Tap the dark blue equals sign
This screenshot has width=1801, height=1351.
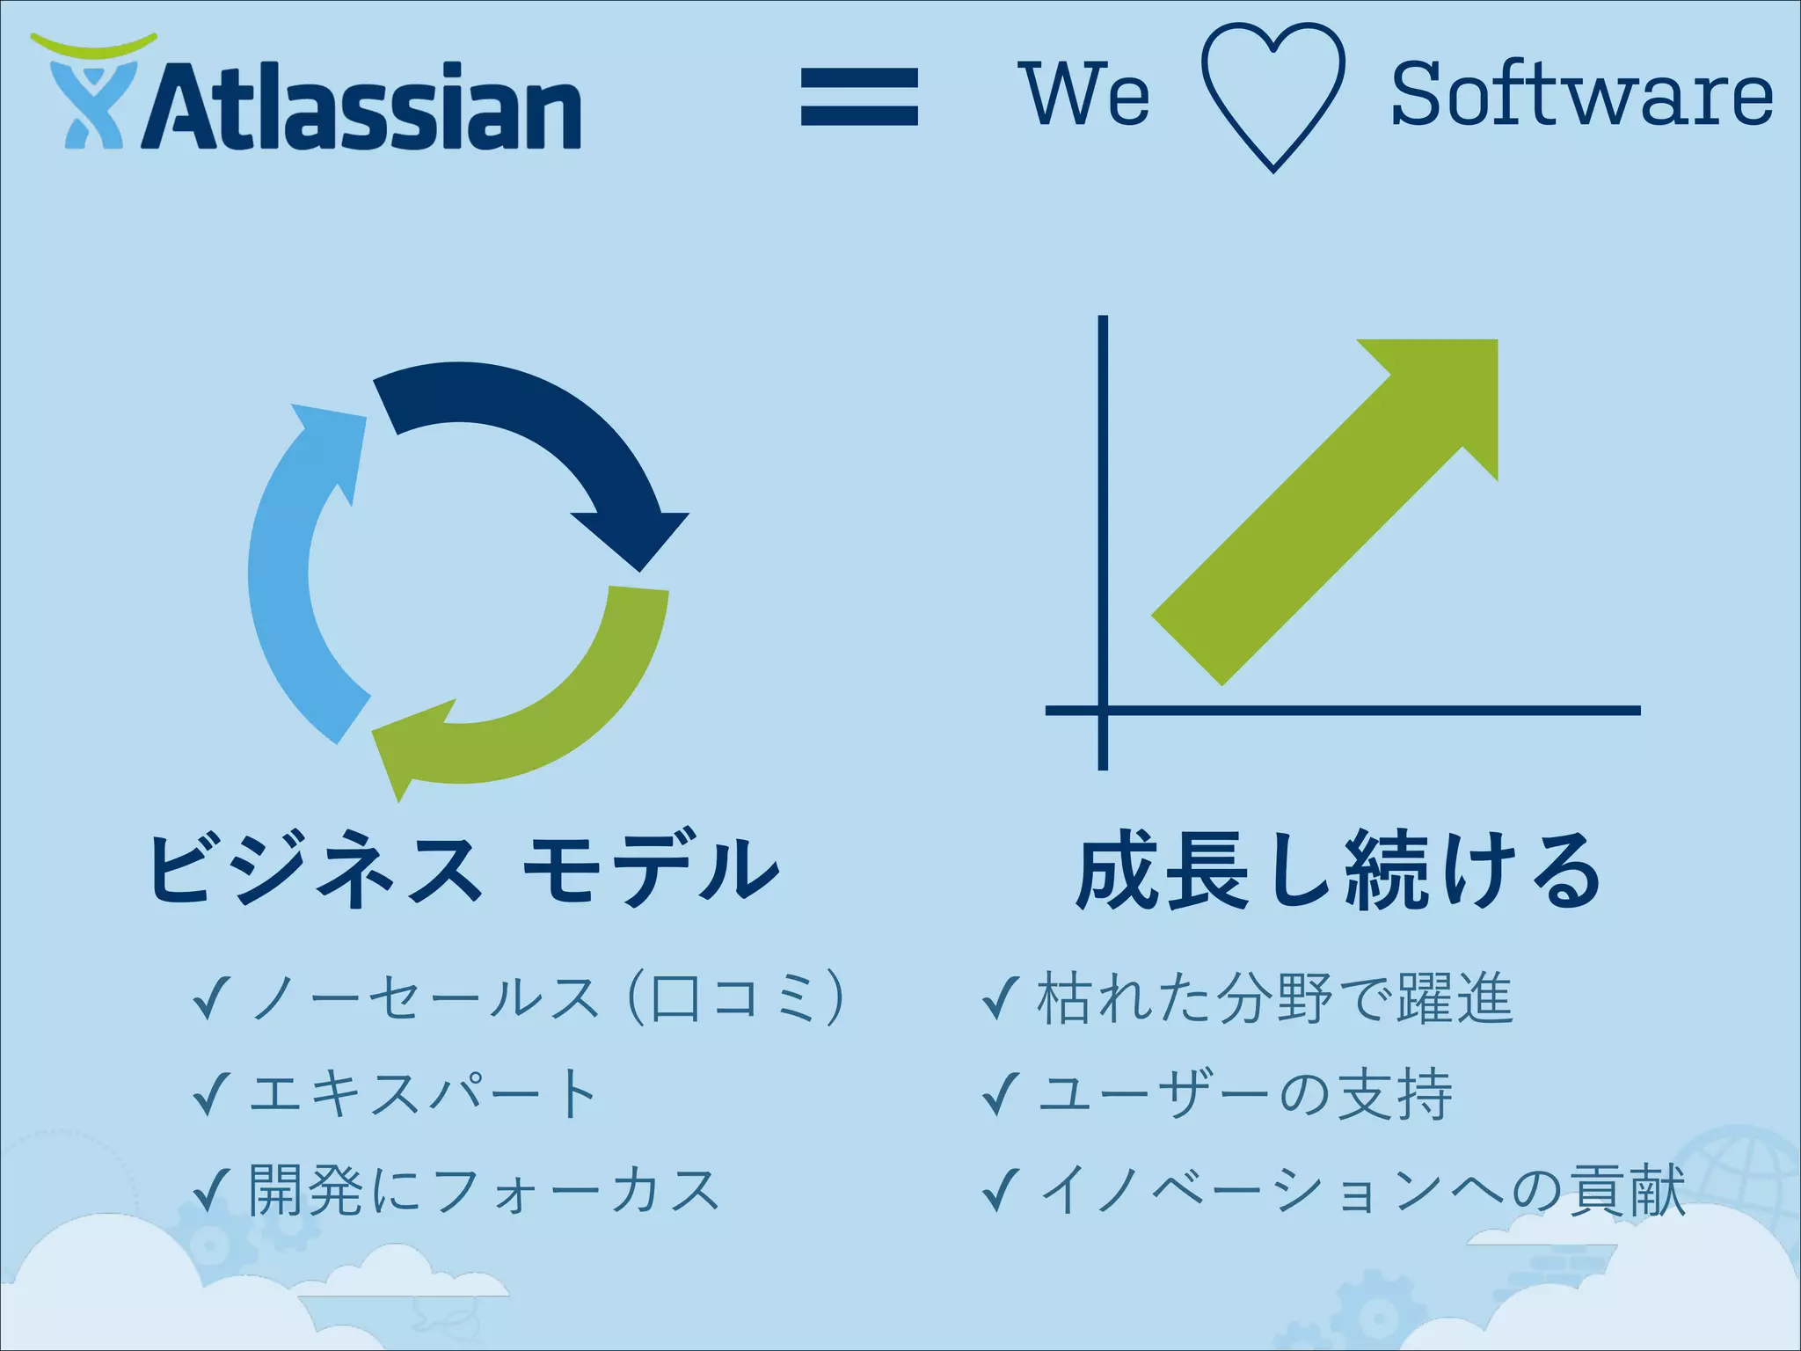tap(859, 98)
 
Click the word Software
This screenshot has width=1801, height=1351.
tap(1581, 95)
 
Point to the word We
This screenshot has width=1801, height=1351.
tap(1084, 93)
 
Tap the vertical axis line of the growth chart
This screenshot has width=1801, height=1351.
tap(1103, 528)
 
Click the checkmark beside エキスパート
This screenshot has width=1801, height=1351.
tap(211, 1095)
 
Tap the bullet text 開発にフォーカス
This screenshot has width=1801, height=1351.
tap(484, 1192)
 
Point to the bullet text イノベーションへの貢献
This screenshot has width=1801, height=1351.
tap(1363, 1192)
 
